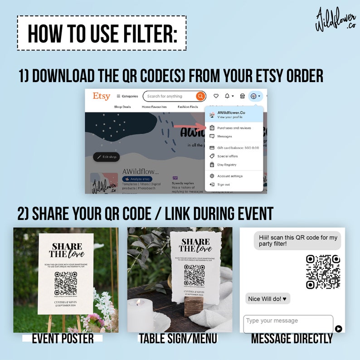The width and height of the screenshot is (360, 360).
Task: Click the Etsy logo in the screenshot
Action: click(x=101, y=96)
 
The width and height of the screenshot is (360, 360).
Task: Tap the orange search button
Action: click(x=200, y=96)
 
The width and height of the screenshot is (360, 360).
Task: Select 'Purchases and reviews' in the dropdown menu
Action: click(x=234, y=128)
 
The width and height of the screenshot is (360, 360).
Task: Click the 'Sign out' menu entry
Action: click(x=224, y=185)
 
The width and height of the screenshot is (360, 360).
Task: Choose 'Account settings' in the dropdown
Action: click(x=230, y=176)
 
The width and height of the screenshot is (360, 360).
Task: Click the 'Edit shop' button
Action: click(x=107, y=157)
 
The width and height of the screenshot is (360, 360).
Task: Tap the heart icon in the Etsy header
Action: click(x=216, y=96)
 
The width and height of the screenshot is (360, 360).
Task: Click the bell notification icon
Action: click(x=228, y=96)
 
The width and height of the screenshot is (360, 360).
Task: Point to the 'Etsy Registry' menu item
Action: click(x=227, y=165)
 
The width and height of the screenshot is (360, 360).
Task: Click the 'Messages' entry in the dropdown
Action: click(x=224, y=136)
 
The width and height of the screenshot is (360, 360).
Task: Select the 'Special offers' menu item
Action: click(x=227, y=156)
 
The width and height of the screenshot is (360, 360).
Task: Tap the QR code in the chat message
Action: click(x=323, y=272)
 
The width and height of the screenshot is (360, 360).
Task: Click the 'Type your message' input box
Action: click(x=288, y=323)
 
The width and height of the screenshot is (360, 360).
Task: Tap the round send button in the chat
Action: click(x=338, y=329)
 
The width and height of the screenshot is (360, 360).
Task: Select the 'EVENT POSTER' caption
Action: click(x=63, y=338)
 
